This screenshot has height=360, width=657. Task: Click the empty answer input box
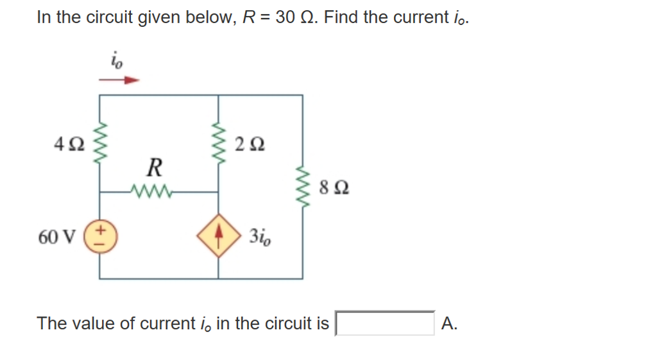[386, 323]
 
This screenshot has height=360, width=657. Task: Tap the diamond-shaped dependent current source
[219, 236]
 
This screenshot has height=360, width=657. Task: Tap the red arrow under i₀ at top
[119, 81]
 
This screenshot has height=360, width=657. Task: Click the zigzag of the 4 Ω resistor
[99, 142]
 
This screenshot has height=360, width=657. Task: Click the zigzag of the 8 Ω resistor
[303, 188]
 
